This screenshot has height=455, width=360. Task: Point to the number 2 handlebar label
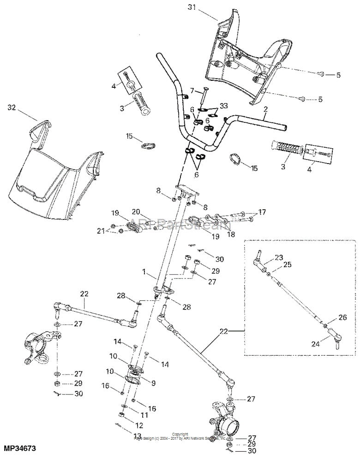tap(265, 110)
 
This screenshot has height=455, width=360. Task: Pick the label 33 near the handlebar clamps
tap(223, 106)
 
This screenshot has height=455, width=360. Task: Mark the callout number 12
tap(139, 425)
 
